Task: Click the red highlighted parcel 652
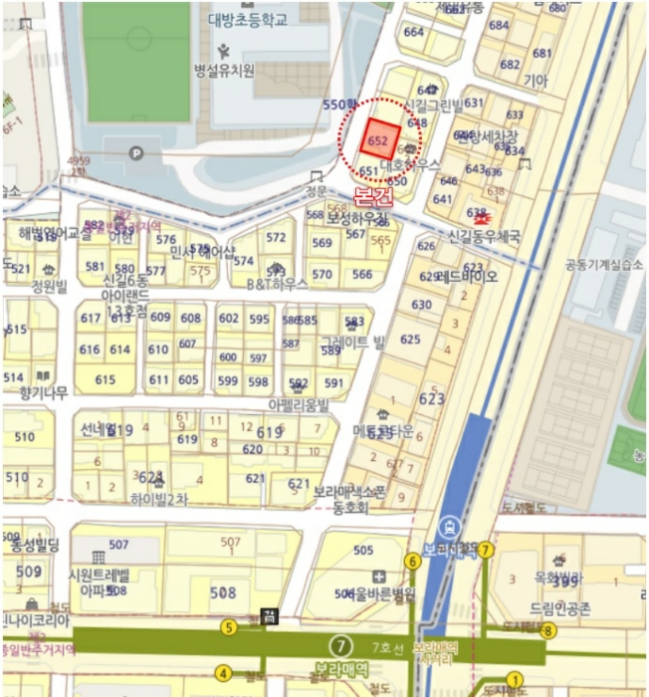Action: pos(380,138)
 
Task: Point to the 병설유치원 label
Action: pos(224,70)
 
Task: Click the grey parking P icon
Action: pos(136,152)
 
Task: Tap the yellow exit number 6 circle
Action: pos(412,562)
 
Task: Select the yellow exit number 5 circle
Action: pos(229,627)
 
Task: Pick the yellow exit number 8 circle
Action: pos(547,630)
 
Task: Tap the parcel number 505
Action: pos(363,551)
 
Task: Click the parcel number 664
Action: pos(414,32)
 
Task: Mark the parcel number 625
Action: pos(410,340)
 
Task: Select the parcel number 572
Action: pos(276,237)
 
